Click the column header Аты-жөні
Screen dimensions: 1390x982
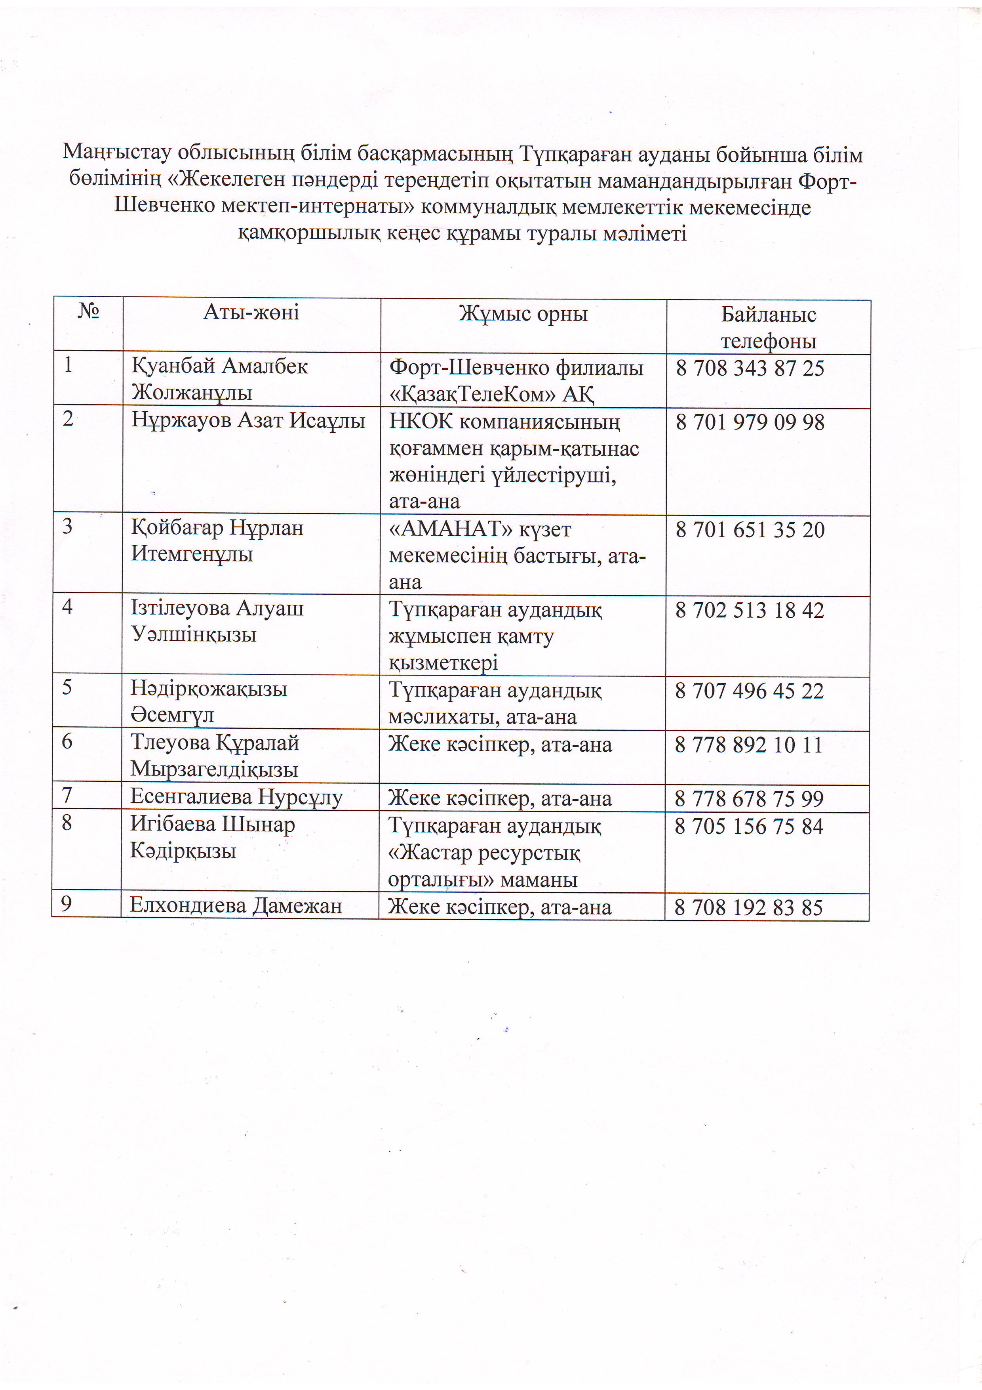pyautogui.click(x=251, y=312)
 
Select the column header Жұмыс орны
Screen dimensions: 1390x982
pyautogui.click(x=523, y=313)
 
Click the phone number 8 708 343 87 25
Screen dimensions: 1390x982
pyautogui.click(x=750, y=368)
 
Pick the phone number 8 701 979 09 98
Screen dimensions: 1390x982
pyautogui.click(x=750, y=422)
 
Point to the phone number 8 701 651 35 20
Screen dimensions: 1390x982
pyautogui.click(x=750, y=530)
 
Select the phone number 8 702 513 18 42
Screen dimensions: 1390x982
pyautogui.click(x=749, y=610)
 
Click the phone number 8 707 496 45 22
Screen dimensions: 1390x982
pyautogui.click(x=749, y=691)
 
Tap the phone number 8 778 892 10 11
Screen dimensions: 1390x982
pyautogui.click(x=749, y=745)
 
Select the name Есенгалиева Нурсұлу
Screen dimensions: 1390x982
pyautogui.click(x=236, y=797)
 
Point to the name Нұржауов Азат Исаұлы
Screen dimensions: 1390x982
pyautogui.click(x=248, y=420)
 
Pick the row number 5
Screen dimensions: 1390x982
pyautogui.click(x=67, y=687)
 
